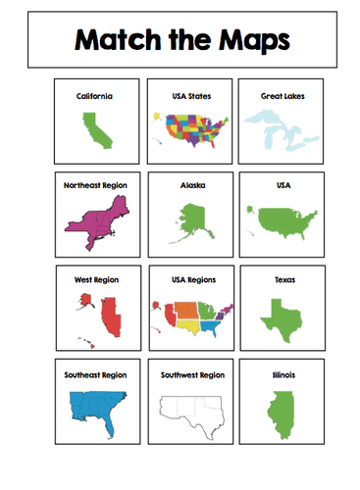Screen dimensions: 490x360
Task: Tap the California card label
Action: (94, 96)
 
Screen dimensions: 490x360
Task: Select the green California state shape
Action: (94, 130)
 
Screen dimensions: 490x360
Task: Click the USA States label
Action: (185, 96)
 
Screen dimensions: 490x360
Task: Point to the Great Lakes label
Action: (278, 96)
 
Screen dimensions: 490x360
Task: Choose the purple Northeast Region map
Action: (94, 220)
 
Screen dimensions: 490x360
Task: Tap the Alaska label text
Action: (185, 183)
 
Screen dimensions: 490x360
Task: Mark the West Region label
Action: (94, 279)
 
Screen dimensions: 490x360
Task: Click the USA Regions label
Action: (185, 279)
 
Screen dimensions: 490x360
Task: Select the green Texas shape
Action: (278, 317)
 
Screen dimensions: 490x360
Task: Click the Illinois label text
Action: (278, 373)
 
